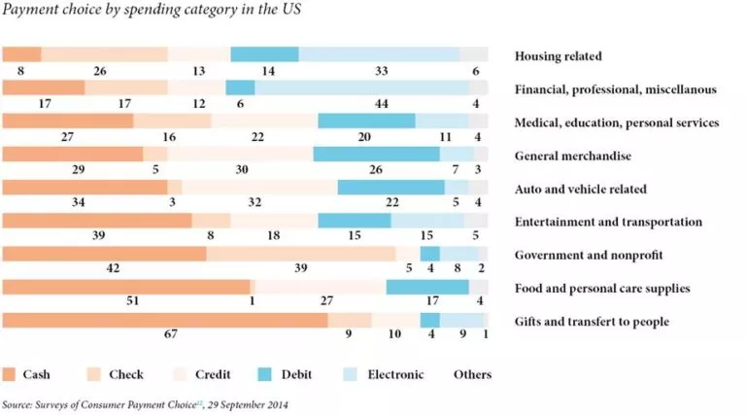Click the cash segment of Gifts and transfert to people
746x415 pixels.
(165, 320)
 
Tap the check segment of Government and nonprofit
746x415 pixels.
(300, 254)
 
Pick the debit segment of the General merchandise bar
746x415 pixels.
(376, 154)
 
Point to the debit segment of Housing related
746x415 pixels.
(264, 54)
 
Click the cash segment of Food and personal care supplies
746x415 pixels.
(126, 287)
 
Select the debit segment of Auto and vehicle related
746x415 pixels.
(390, 187)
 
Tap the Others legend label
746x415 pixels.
(472, 374)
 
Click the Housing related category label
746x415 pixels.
(558, 56)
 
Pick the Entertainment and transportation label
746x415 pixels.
(608, 222)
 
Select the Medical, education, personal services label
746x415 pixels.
(616, 122)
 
